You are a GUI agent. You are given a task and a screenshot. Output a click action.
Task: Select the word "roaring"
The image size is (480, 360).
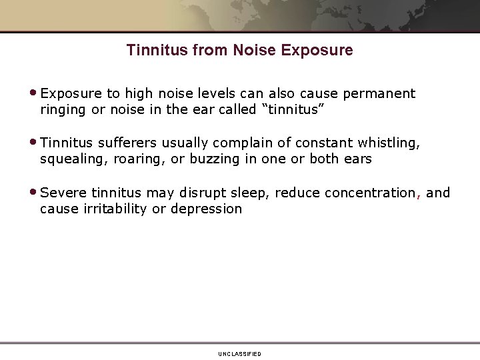click(131, 159)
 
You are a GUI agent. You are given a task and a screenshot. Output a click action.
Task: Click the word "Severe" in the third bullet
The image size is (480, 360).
click(63, 193)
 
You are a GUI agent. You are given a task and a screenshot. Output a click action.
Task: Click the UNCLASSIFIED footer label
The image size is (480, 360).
click(239, 353)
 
